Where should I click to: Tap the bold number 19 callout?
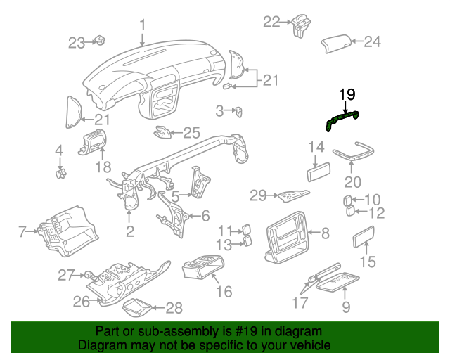point(347,94)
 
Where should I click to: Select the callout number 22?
point(271,22)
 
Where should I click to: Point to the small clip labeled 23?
point(101,41)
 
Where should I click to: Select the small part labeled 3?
point(240,111)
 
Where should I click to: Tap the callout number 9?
point(345,307)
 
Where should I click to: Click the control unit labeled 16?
point(202,269)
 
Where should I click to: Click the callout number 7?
point(22,231)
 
